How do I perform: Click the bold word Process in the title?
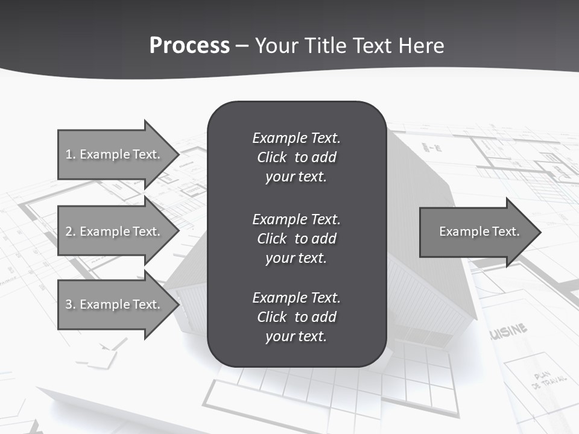coord(189,46)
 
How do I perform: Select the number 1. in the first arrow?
coord(70,154)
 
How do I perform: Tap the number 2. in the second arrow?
coord(70,231)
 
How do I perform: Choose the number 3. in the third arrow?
coord(70,304)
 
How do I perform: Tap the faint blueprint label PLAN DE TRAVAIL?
coord(549,379)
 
